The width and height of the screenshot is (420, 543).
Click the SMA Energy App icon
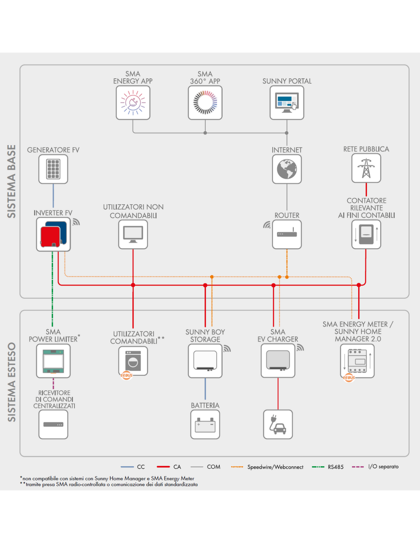[x=133, y=103]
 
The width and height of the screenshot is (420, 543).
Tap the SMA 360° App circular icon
[x=205, y=103]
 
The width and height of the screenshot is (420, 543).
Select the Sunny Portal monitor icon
[x=287, y=103]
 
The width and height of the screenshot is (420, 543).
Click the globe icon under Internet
[x=287, y=169]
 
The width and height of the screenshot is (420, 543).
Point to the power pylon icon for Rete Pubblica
[x=366, y=168]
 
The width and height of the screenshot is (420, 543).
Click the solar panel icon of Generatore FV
[x=53, y=169]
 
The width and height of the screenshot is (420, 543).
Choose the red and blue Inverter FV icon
[x=53, y=234]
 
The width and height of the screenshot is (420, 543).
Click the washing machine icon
[x=133, y=361]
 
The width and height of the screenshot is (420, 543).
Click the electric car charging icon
[x=278, y=424]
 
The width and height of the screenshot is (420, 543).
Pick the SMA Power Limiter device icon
[x=53, y=361]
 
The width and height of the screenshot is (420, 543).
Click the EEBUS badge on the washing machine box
[x=126, y=375]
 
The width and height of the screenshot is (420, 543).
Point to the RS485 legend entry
[x=327, y=467]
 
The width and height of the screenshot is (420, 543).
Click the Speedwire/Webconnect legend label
[x=275, y=467]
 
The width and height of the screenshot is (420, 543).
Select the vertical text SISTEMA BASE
[x=12, y=181]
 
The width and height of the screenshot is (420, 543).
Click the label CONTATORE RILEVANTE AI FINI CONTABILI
[x=367, y=208]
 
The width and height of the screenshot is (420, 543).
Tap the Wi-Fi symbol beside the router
[x=267, y=225]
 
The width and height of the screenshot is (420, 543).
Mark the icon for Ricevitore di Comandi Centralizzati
[x=53, y=424]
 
